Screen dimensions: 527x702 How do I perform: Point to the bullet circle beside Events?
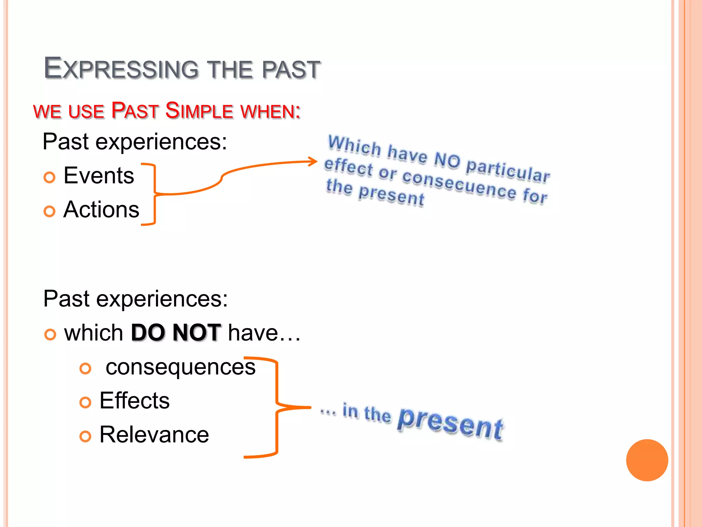pyautogui.click(x=49, y=177)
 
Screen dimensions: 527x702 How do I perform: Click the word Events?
pyautogui.click(x=99, y=176)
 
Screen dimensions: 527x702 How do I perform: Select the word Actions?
pyautogui.click(x=101, y=210)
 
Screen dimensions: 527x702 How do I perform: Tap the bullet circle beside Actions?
pyautogui.click(x=49, y=211)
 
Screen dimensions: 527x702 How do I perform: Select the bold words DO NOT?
pyautogui.click(x=176, y=332)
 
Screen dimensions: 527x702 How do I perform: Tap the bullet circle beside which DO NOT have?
pyautogui.click(x=50, y=334)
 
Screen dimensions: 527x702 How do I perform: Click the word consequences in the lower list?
pyautogui.click(x=180, y=367)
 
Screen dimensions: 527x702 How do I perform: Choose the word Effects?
pyautogui.click(x=134, y=400)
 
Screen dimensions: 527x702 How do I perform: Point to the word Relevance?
pyautogui.click(x=154, y=435)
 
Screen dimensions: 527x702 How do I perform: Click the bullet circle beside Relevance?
pyautogui.click(x=85, y=436)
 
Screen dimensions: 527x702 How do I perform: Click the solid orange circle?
pyautogui.click(x=647, y=460)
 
